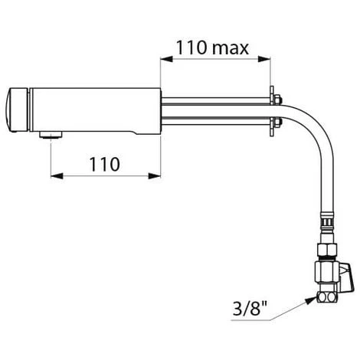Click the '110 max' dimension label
coord(212,47)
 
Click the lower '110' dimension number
coord(104,165)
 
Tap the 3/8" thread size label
coord(250,309)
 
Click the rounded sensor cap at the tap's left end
coord(17,110)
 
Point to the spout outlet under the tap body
coord(51,135)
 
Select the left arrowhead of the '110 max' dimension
coord(166,60)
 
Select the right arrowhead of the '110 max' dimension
coord(264,60)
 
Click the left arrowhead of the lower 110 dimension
coord(57,176)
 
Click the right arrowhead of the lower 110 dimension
coord(155,176)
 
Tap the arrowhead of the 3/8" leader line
coord(311,300)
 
